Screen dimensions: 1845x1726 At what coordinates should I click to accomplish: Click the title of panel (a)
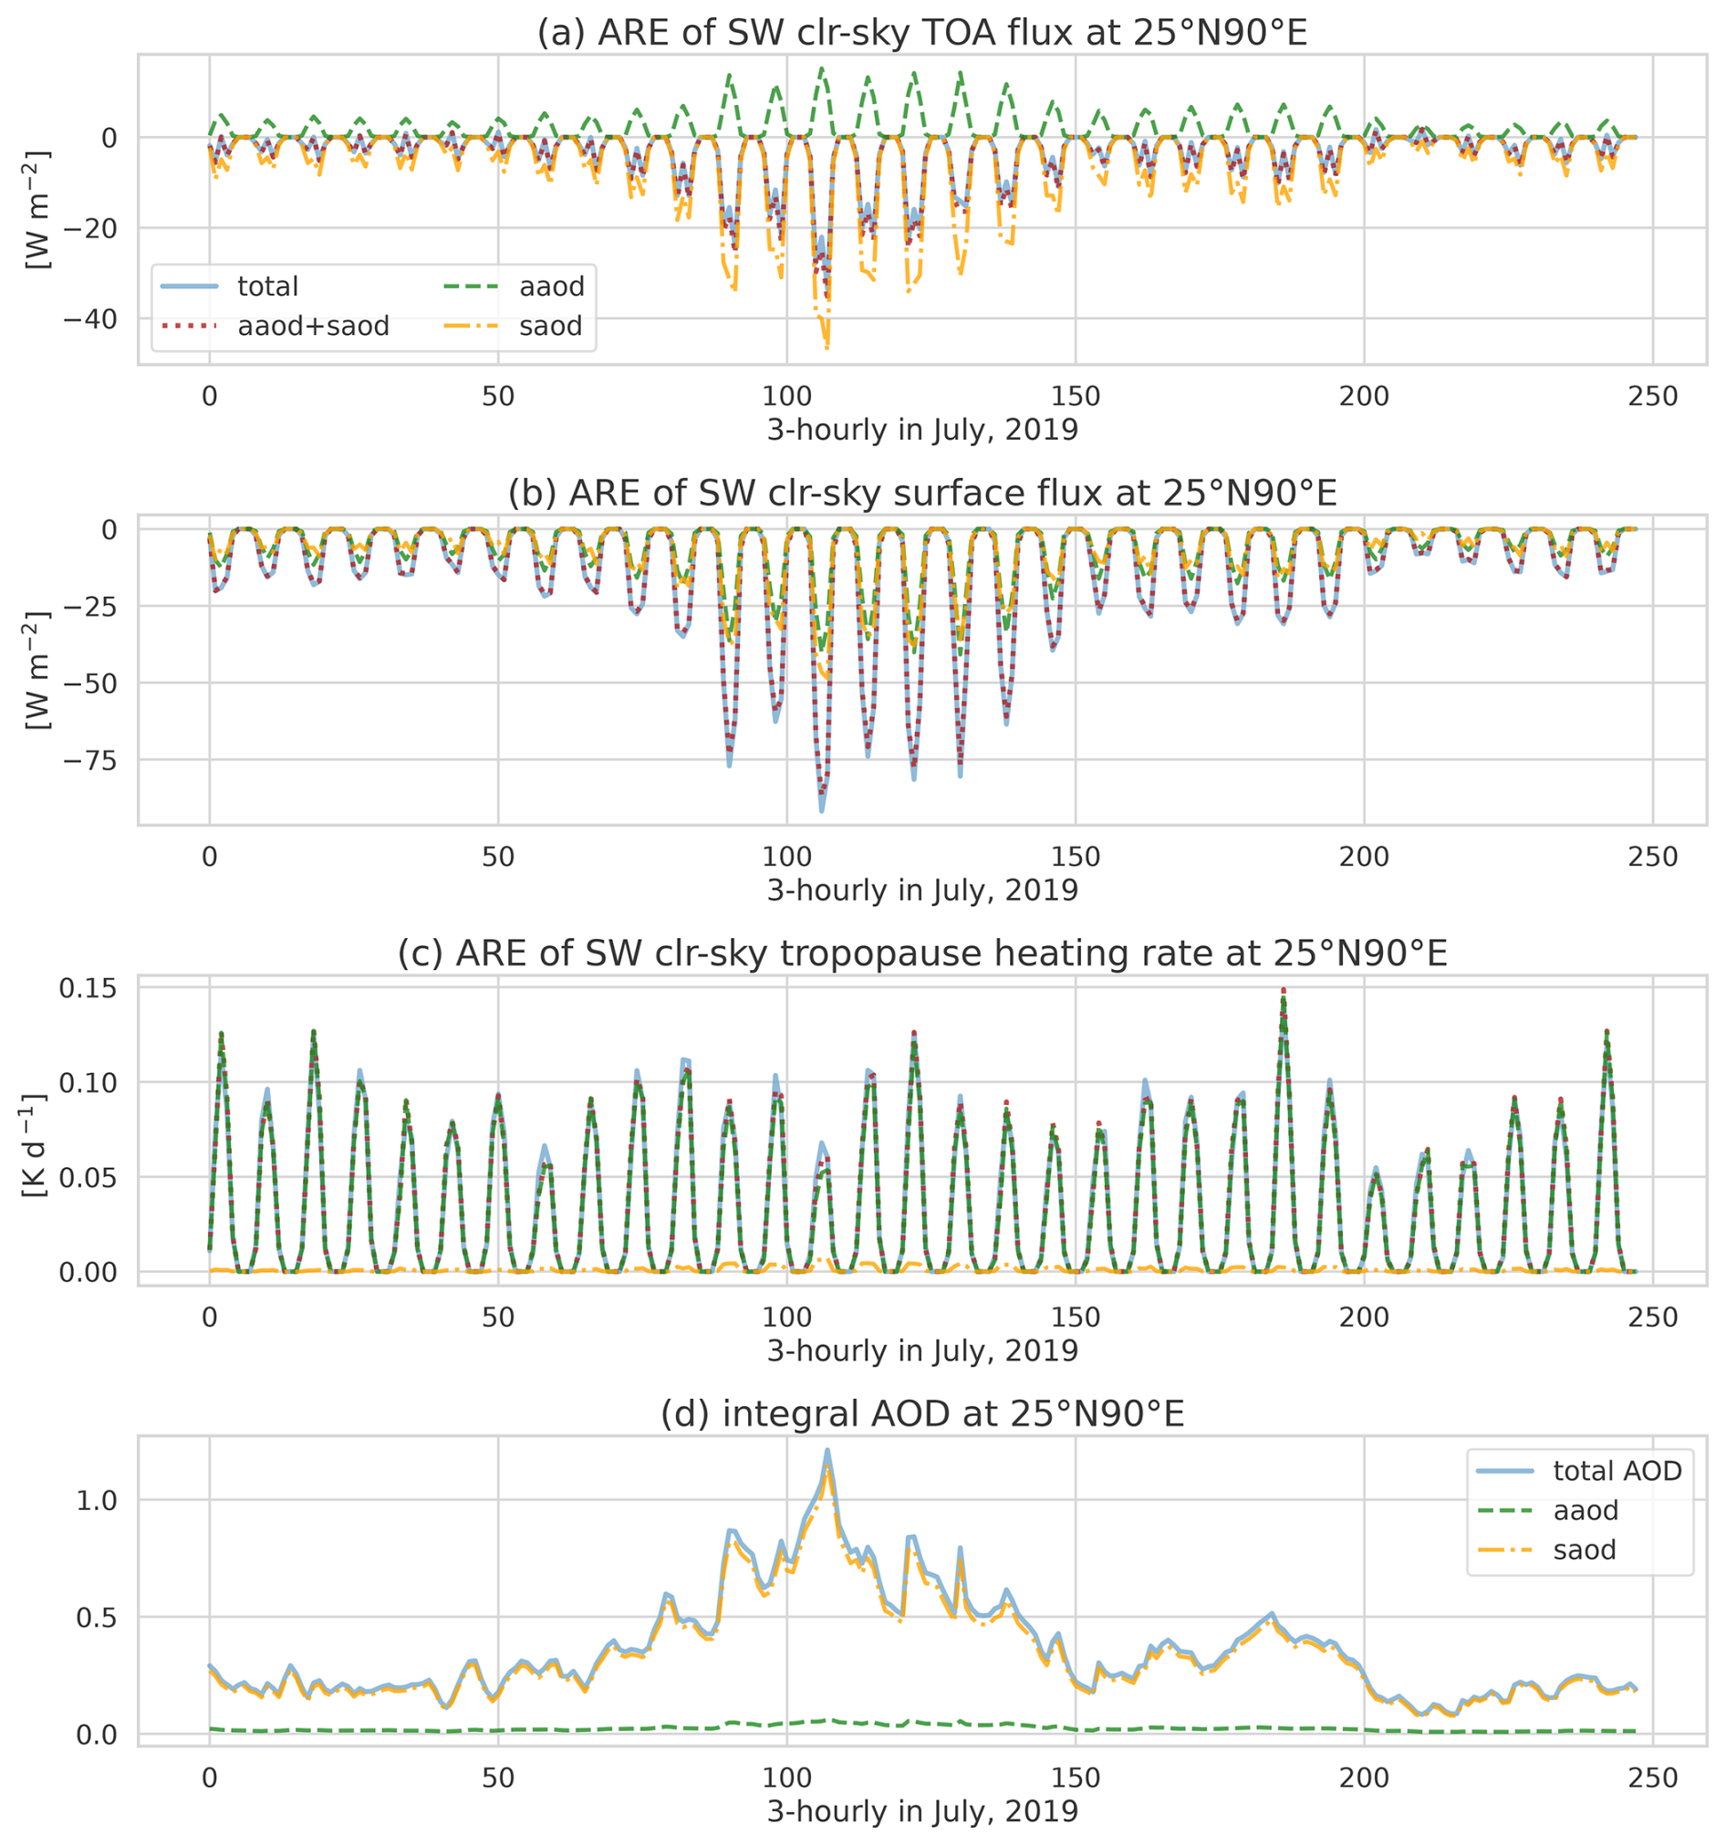921,33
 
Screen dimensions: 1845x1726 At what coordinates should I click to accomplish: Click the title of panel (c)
921,954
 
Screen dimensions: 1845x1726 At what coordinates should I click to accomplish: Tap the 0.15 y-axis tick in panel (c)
88,988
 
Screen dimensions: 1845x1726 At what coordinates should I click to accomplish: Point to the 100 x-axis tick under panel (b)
787,857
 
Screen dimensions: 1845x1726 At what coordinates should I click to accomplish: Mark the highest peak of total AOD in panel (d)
827,1450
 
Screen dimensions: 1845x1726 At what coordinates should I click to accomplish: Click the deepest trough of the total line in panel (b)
821,811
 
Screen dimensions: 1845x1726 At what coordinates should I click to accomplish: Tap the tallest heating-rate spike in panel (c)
1284,990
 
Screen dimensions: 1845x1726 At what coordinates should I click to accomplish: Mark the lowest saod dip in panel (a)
827,348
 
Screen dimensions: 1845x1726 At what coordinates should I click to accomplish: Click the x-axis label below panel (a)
921,431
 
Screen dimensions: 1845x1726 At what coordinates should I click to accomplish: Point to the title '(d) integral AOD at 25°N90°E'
921,1413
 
